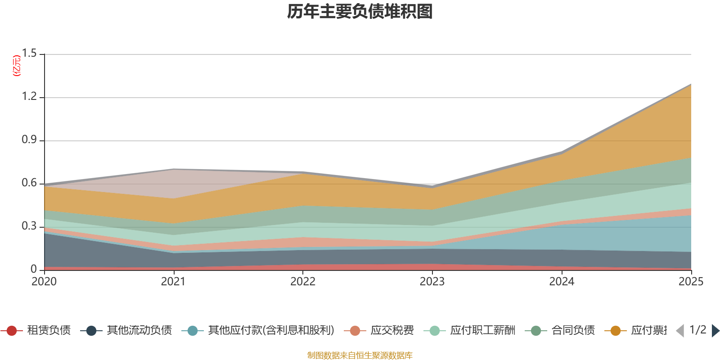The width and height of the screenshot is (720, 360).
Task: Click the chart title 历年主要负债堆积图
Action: (x=360, y=12)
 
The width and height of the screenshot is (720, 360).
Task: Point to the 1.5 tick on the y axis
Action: (x=29, y=54)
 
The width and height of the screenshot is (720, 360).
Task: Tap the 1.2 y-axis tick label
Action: (x=29, y=97)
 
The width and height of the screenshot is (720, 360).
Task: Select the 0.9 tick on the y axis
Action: (x=29, y=140)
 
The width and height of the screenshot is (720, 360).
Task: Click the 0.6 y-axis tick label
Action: (x=29, y=183)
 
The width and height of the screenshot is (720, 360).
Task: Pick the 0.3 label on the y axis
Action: (x=29, y=226)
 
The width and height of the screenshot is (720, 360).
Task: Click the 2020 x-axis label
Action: (x=44, y=282)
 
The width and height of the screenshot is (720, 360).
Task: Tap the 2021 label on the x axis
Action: (x=173, y=282)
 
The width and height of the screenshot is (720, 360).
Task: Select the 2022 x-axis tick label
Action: (x=303, y=282)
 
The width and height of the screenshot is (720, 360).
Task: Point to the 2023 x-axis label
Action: (x=432, y=282)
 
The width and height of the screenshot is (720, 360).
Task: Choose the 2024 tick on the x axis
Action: (x=562, y=282)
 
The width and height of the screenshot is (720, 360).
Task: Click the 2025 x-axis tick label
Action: (x=691, y=282)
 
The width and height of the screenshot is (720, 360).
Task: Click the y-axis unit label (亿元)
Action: (x=17, y=66)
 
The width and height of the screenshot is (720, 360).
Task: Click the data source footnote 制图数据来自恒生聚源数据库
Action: (x=360, y=355)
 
